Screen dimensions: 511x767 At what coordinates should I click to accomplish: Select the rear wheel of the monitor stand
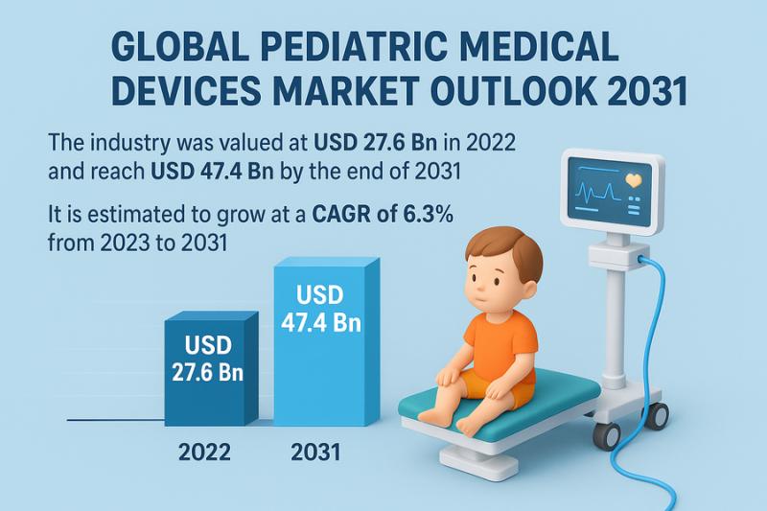pos(657,416)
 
